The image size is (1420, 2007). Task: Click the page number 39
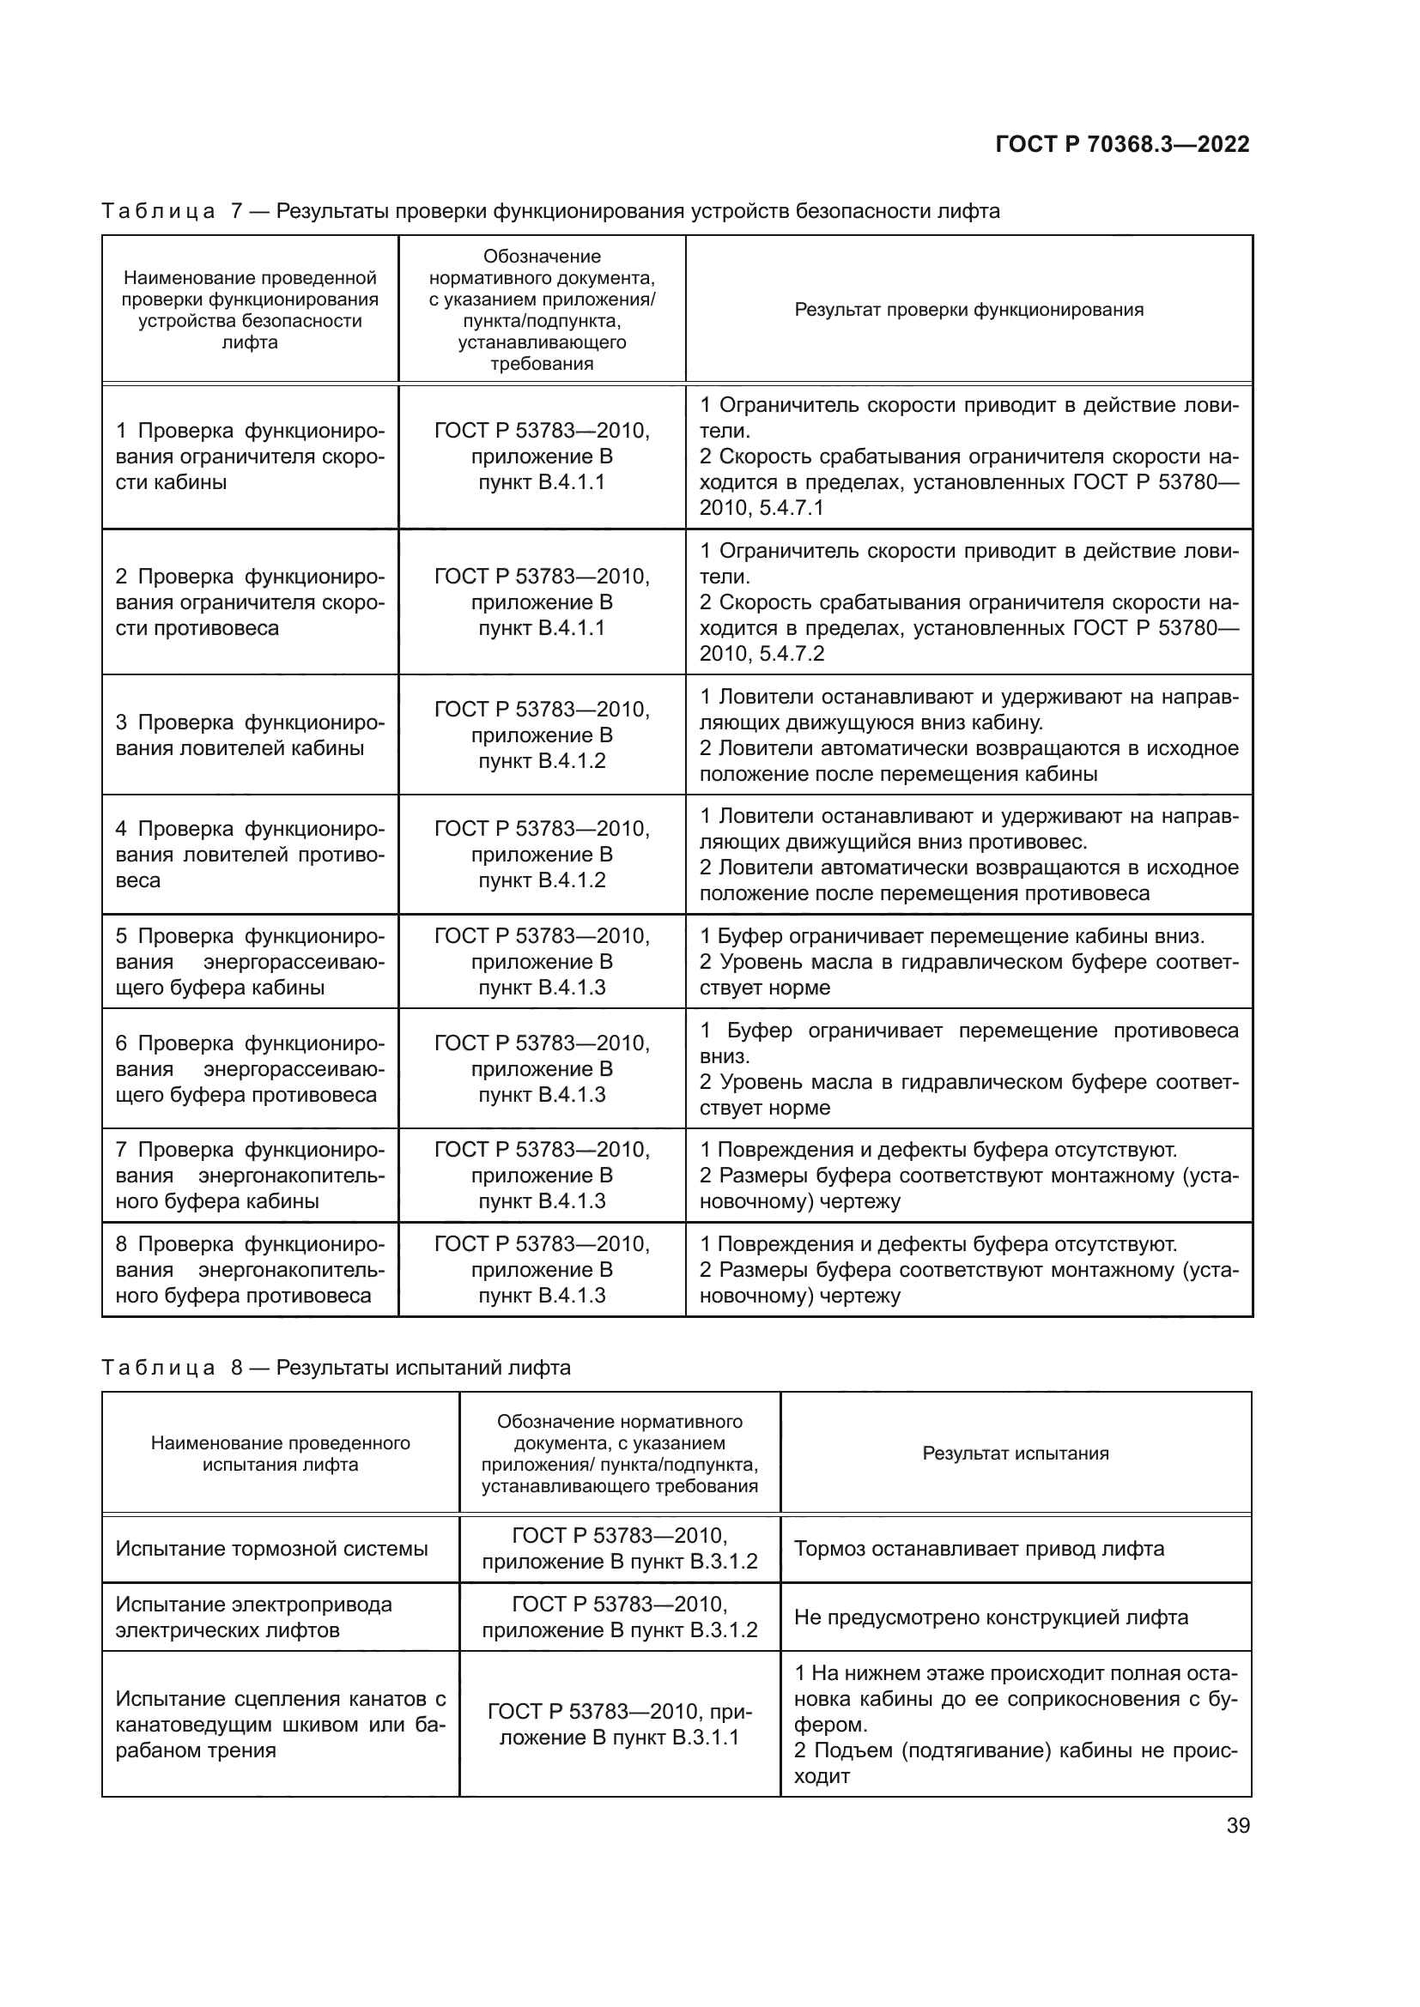[x=1237, y=1825]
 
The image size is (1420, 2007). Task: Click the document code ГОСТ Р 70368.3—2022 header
[x=1122, y=144]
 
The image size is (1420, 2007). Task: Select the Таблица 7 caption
[x=550, y=212]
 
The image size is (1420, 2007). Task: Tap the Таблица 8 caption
[x=336, y=1367]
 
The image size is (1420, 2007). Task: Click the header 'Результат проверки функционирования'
[x=968, y=310]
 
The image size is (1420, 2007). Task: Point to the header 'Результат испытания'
[x=1015, y=1453]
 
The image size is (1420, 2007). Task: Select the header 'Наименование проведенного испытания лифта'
[x=280, y=1453]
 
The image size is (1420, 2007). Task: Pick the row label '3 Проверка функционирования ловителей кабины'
[x=249, y=735]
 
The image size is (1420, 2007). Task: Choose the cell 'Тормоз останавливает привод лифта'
[x=979, y=1549]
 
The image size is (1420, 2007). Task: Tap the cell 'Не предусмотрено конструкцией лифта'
[x=991, y=1617]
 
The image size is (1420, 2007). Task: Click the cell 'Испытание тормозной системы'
[x=271, y=1549]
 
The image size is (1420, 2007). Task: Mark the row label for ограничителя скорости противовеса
[x=249, y=602]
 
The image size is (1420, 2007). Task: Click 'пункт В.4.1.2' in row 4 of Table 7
[x=541, y=880]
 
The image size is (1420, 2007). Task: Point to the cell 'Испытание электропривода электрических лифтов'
[x=253, y=1617]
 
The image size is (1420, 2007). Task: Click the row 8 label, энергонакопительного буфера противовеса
[x=249, y=1269]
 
